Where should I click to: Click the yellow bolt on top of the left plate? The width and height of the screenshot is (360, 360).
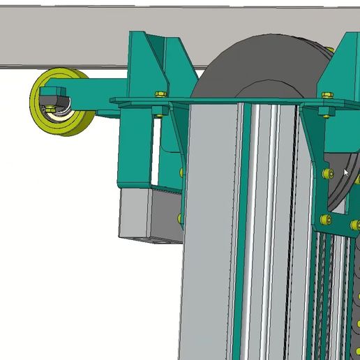coord(160,93)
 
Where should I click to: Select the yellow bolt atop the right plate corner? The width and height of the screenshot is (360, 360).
coord(324,93)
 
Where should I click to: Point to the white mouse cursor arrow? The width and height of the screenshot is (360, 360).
coord(347,172)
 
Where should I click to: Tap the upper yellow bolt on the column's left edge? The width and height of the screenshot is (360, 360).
coord(182,172)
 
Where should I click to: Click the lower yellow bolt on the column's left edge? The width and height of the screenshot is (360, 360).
coord(181,218)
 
